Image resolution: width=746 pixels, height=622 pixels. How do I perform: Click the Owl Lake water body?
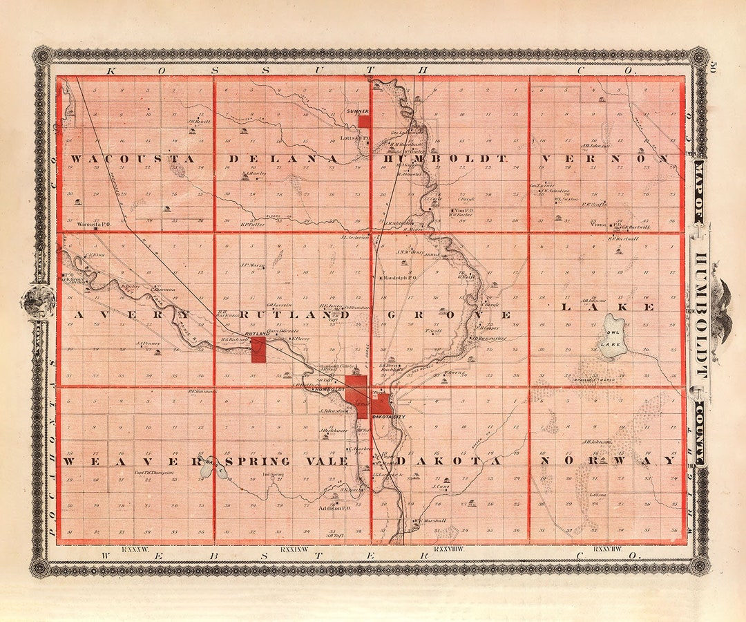tap(611, 337)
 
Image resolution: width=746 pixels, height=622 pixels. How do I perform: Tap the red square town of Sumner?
tap(364, 121)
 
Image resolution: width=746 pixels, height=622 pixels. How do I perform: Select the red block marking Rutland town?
tap(258, 349)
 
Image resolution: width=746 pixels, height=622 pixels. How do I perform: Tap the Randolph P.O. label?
tap(401, 278)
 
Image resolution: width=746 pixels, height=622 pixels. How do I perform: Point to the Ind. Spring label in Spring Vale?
tap(274, 475)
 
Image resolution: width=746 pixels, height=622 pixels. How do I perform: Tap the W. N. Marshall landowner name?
tap(430, 520)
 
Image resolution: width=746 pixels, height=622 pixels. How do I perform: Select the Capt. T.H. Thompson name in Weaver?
tap(153, 473)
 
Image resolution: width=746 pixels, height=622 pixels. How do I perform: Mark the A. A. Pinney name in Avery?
tap(149, 343)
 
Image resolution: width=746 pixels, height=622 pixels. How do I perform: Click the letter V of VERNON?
tap(546, 158)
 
